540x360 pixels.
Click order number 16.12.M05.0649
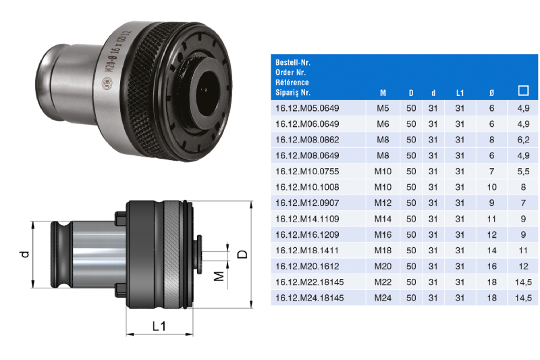(x=307, y=108)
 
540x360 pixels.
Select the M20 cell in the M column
(x=383, y=266)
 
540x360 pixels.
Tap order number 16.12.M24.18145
(x=310, y=298)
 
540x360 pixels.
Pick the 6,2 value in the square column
(x=523, y=140)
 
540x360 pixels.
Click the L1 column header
(x=460, y=93)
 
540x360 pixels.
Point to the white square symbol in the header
(x=523, y=91)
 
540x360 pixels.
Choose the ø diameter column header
(x=491, y=93)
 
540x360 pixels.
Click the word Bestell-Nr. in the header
(x=293, y=63)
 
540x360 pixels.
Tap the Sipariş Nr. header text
(x=293, y=93)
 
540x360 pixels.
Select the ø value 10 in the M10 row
(x=491, y=187)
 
